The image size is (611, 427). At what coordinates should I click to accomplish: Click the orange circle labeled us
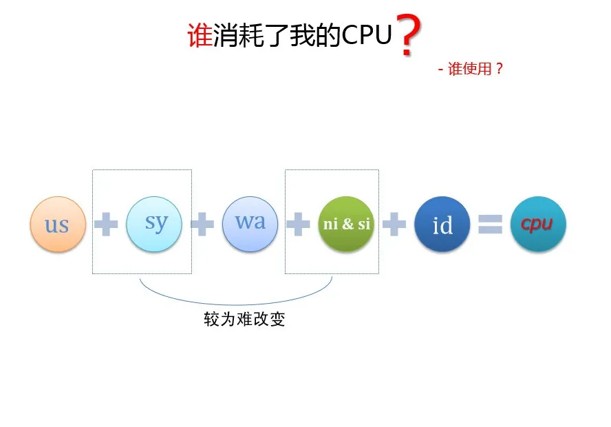(58, 225)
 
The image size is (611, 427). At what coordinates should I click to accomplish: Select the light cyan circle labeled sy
(154, 223)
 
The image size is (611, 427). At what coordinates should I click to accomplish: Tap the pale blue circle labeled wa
(250, 223)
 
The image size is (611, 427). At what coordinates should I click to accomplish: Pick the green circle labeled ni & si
(346, 224)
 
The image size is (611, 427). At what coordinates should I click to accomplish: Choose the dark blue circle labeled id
(442, 225)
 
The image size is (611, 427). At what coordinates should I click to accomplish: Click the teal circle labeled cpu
(537, 225)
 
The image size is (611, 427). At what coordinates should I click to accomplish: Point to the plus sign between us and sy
(106, 225)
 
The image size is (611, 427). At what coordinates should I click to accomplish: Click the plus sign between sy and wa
(202, 225)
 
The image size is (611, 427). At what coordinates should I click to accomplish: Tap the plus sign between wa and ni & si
(297, 225)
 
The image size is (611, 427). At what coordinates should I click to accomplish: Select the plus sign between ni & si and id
(394, 225)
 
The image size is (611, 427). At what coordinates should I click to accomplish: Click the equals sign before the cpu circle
(490, 225)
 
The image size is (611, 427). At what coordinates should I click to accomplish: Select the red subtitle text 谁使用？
(475, 69)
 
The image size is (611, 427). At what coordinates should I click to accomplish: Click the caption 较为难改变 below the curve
(244, 320)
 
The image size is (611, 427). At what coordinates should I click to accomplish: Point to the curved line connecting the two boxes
(236, 303)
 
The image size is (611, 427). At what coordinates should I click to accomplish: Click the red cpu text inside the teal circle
(537, 225)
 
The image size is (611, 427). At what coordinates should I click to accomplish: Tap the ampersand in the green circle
(347, 225)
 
